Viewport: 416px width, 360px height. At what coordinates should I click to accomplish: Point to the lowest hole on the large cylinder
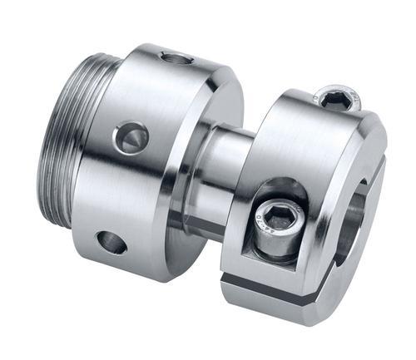111,243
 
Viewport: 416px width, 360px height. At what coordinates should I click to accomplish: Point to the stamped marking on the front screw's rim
265,210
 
